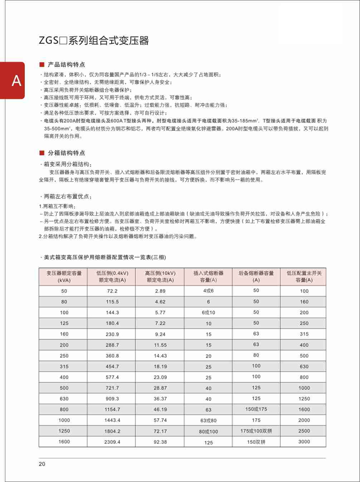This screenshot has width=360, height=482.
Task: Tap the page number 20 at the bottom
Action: click(42, 464)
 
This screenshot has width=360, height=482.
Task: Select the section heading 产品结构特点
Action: click(67, 64)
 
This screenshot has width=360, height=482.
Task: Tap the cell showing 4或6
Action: click(208, 291)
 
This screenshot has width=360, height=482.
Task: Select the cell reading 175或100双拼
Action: click(256, 431)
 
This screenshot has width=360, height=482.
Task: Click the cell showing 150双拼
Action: click(256, 442)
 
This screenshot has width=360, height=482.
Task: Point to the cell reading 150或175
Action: click(256, 409)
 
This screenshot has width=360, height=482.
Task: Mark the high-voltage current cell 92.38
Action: click(160, 442)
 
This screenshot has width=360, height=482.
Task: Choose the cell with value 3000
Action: click(304, 442)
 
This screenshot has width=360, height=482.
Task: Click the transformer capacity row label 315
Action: click(64, 366)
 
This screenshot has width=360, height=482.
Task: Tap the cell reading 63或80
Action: click(208, 420)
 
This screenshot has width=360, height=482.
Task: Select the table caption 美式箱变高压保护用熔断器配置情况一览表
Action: click(104, 258)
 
